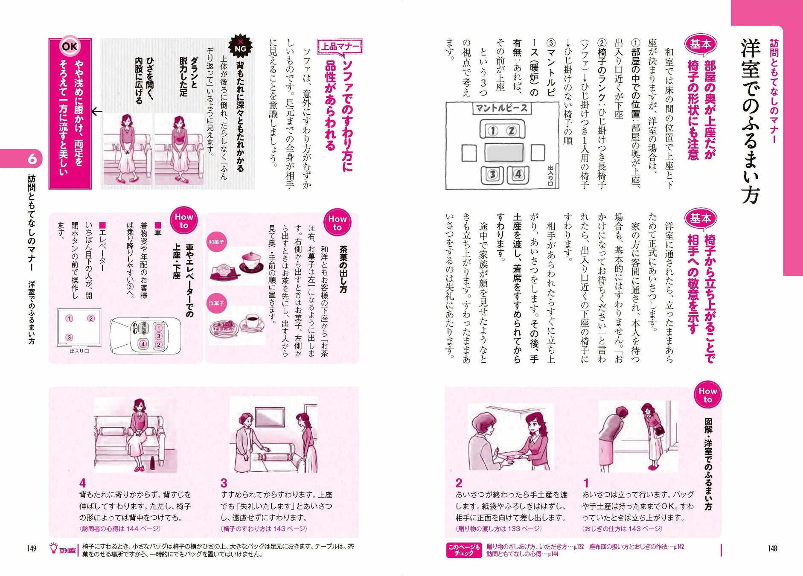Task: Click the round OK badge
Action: tap(70, 46)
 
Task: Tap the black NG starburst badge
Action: tap(240, 46)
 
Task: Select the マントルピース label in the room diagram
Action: tap(502, 108)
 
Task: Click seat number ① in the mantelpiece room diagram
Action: tap(493, 131)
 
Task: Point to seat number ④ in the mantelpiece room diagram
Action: tap(518, 175)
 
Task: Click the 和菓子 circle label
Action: tap(216, 242)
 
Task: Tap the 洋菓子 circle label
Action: tap(216, 303)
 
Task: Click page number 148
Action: tap(772, 548)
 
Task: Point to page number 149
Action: tap(32, 548)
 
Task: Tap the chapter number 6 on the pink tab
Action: tap(32, 159)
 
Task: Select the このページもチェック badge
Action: tap(464, 550)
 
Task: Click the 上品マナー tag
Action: tap(340, 47)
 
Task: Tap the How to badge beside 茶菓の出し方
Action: tap(337, 223)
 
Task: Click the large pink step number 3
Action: tap(224, 483)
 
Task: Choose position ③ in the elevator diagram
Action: tap(69, 337)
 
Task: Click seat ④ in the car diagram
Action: tap(143, 344)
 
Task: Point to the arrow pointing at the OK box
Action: tap(97, 112)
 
